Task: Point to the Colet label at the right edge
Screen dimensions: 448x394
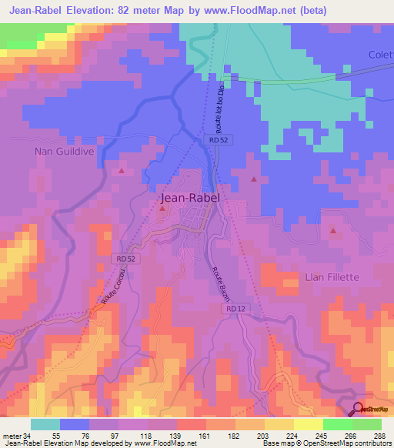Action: click(x=380, y=54)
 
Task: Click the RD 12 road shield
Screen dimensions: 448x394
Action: click(x=236, y=309)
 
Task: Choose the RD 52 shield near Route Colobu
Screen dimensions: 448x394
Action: click(x=125, y=259)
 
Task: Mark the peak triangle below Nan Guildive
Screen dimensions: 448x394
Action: click(x=121, y=170)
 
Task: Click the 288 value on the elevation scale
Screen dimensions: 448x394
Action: click(x=379, y=435)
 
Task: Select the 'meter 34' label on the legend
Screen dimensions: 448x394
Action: click(x=15, y=435)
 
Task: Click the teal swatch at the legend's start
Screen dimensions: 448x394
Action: click(x=45, y=424)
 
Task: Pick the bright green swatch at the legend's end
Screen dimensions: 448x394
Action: click(x=366, y=424)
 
